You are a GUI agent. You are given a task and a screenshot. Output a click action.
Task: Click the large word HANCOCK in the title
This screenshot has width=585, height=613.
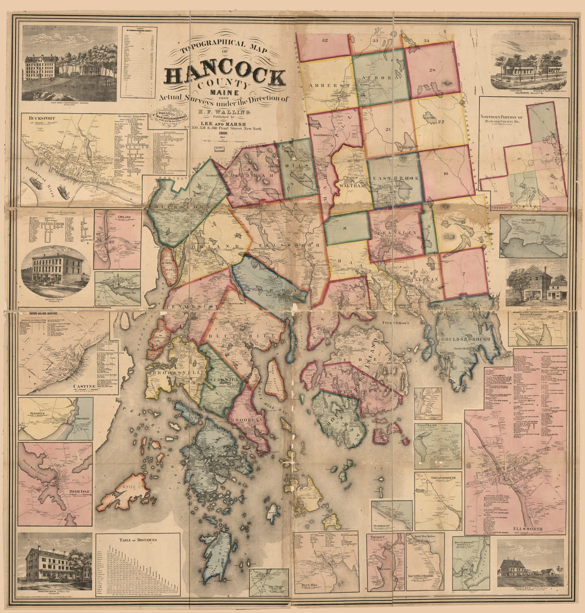[224, 76]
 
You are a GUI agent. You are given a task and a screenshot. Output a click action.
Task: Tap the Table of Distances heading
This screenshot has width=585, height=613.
[138, 540]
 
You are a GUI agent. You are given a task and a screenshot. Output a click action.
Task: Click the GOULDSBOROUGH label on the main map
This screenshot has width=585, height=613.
[463, 338]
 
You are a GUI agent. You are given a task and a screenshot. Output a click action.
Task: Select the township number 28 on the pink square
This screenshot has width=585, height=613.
[432, 71]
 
